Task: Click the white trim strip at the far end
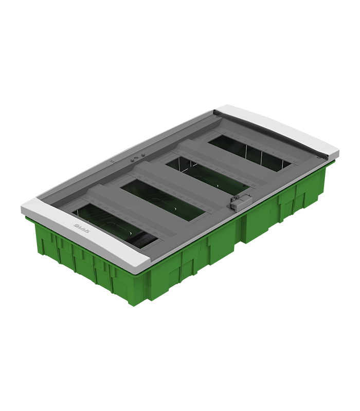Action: pyautogui.click(x=278, y=124)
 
